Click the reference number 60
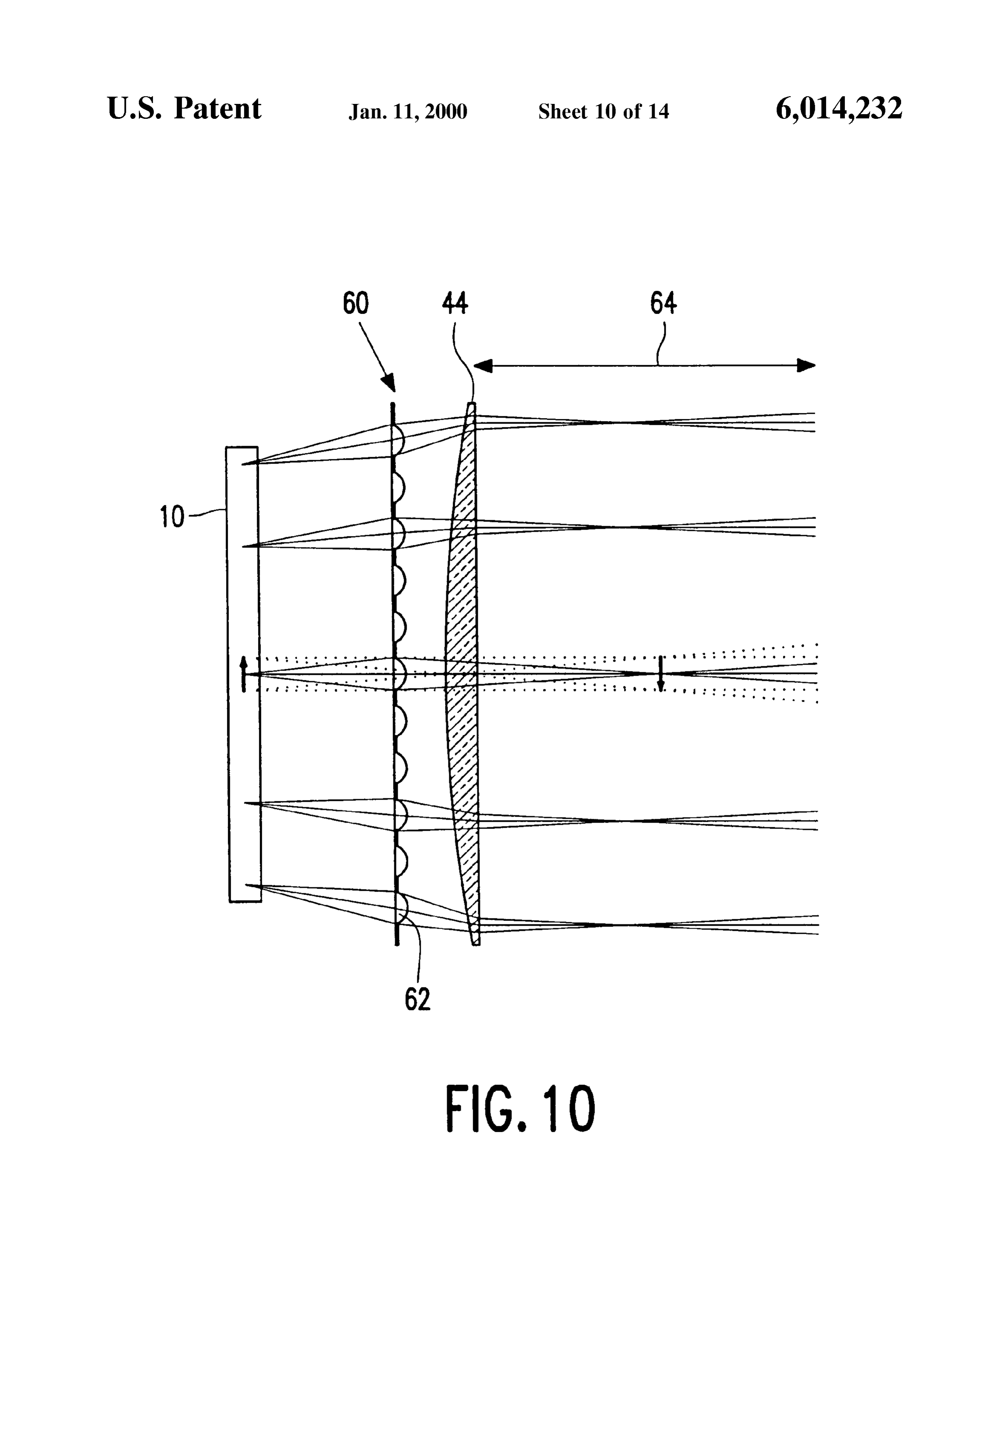tap(355, 304)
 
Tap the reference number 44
tap(455, 304)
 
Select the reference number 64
tap(663, 304)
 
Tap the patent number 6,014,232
tap(839, 109)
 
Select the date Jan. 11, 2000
tap(408, 112)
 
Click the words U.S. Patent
tap(184, 109)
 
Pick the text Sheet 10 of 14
tap(603, 112)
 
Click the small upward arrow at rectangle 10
tap(244, 674)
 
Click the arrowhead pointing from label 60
tap(388, 381)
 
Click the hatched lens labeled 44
tap(462, 674)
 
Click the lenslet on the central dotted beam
tap(400, 674)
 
